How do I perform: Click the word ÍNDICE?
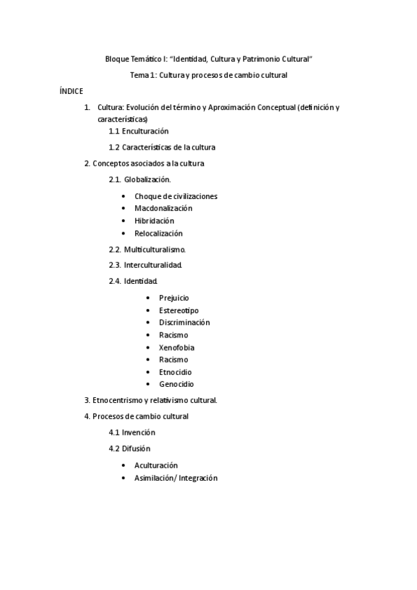71,91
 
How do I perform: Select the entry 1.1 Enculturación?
139,131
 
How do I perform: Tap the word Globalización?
148,180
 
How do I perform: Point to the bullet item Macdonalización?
163,208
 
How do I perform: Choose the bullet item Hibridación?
154,221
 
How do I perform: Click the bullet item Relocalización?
158,233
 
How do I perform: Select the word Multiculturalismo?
155,249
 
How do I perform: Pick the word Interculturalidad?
153,265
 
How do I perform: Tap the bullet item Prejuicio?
173,298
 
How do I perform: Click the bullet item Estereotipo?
178,310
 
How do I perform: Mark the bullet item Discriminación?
184,322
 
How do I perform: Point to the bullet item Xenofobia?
176,347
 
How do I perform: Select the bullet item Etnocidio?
175,372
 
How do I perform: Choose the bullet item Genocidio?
176,384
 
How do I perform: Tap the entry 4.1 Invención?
132,432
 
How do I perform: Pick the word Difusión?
136,449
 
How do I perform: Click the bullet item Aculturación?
156,465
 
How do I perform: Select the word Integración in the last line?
198,478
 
